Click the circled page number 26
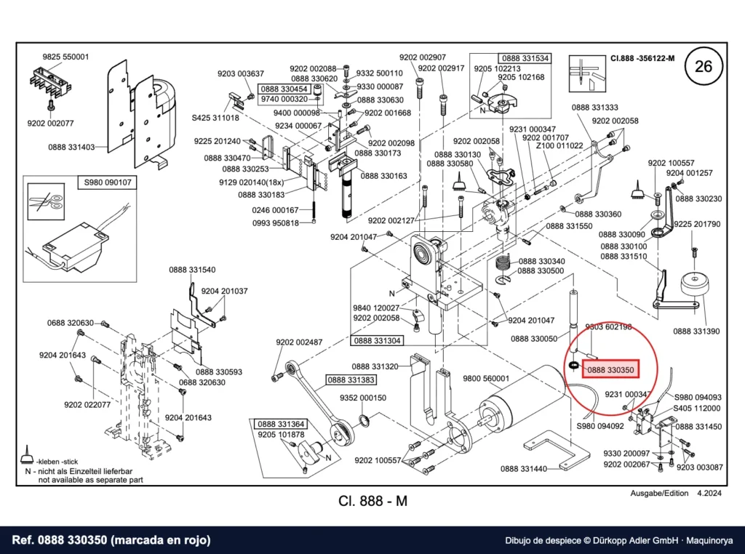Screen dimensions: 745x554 (x=704, y=65)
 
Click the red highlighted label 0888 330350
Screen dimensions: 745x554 (x=610, y=370)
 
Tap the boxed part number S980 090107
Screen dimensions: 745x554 (x=108, y=182)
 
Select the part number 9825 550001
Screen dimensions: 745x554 (x=65, y=57)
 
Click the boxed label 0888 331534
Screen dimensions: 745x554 (x=525, y=58)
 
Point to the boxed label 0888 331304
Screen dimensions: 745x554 (x=378, y=340)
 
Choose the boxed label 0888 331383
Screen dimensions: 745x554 (x=351, y=380)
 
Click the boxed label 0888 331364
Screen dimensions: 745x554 (x=281, y=424)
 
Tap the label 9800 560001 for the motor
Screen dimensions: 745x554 (x=486, y=378)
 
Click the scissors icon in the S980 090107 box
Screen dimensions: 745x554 (x=46, y=202)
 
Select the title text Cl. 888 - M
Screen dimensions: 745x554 (x=373, y=501)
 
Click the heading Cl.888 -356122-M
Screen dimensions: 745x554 (x=642, y=58)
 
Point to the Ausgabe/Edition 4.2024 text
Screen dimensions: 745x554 (x=676, y=493)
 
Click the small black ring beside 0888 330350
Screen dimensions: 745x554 (x=573, y=366)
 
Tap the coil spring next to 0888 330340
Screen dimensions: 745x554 (x=503, y=262)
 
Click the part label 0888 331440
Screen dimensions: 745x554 (x=524, y=469)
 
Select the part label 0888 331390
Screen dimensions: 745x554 (x=696, y=332)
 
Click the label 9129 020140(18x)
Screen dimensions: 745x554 (x=251, y=182)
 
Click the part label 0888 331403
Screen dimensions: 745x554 (x=71, y=147)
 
